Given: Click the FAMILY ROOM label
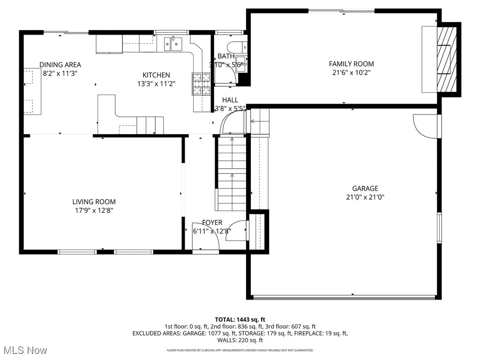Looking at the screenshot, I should coord(351,64).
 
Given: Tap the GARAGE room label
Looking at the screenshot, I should coord(366,189).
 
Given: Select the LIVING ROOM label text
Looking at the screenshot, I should coord(94,202).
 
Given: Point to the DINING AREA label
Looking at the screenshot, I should coord(60,65).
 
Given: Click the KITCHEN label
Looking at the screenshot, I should coord(156,75).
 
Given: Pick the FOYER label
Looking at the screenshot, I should coord(212,223).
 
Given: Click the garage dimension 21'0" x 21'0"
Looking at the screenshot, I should coord(366,197).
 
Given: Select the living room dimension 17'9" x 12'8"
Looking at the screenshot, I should coord(94,210).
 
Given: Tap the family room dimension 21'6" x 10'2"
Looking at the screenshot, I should coord(351,73).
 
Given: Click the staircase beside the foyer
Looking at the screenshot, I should coord(231,173).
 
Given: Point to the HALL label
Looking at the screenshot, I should coord(230,100).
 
